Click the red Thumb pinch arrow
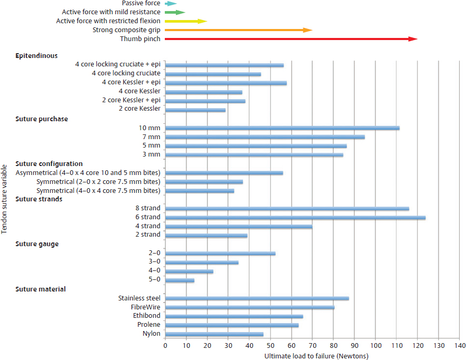pyautogui.click(x=290, y=39)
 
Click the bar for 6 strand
pyautogui.click(x=295, y=217)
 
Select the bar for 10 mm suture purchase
pyautogui.click(x=282, y=128)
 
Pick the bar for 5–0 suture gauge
pyautogui.click(x=180, y=280)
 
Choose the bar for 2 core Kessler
pyautogui.click(x=195, y=110)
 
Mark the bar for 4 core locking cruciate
pyautogui.click(x=213, y=74)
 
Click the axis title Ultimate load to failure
pyautogui.click(x=316, y=356)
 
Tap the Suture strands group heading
pyautogui.click(x=39, y=199)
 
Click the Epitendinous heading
pyautogui.click(x=36, y=55)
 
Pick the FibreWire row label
pyautogui.click(x=145, y=307)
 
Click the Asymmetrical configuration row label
pyautogui.click(x=88, y=173)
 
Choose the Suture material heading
pyautogui.click(x=41, y=289)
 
